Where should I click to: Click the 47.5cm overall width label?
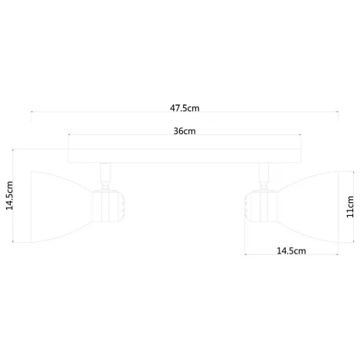point(185,107)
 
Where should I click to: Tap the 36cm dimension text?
point(185,131)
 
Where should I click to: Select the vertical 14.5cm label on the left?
point(10,196)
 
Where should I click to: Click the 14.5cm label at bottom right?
point(290,250)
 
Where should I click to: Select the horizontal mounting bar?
point(185,154)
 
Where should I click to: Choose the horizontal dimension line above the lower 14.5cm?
point(290,257)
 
